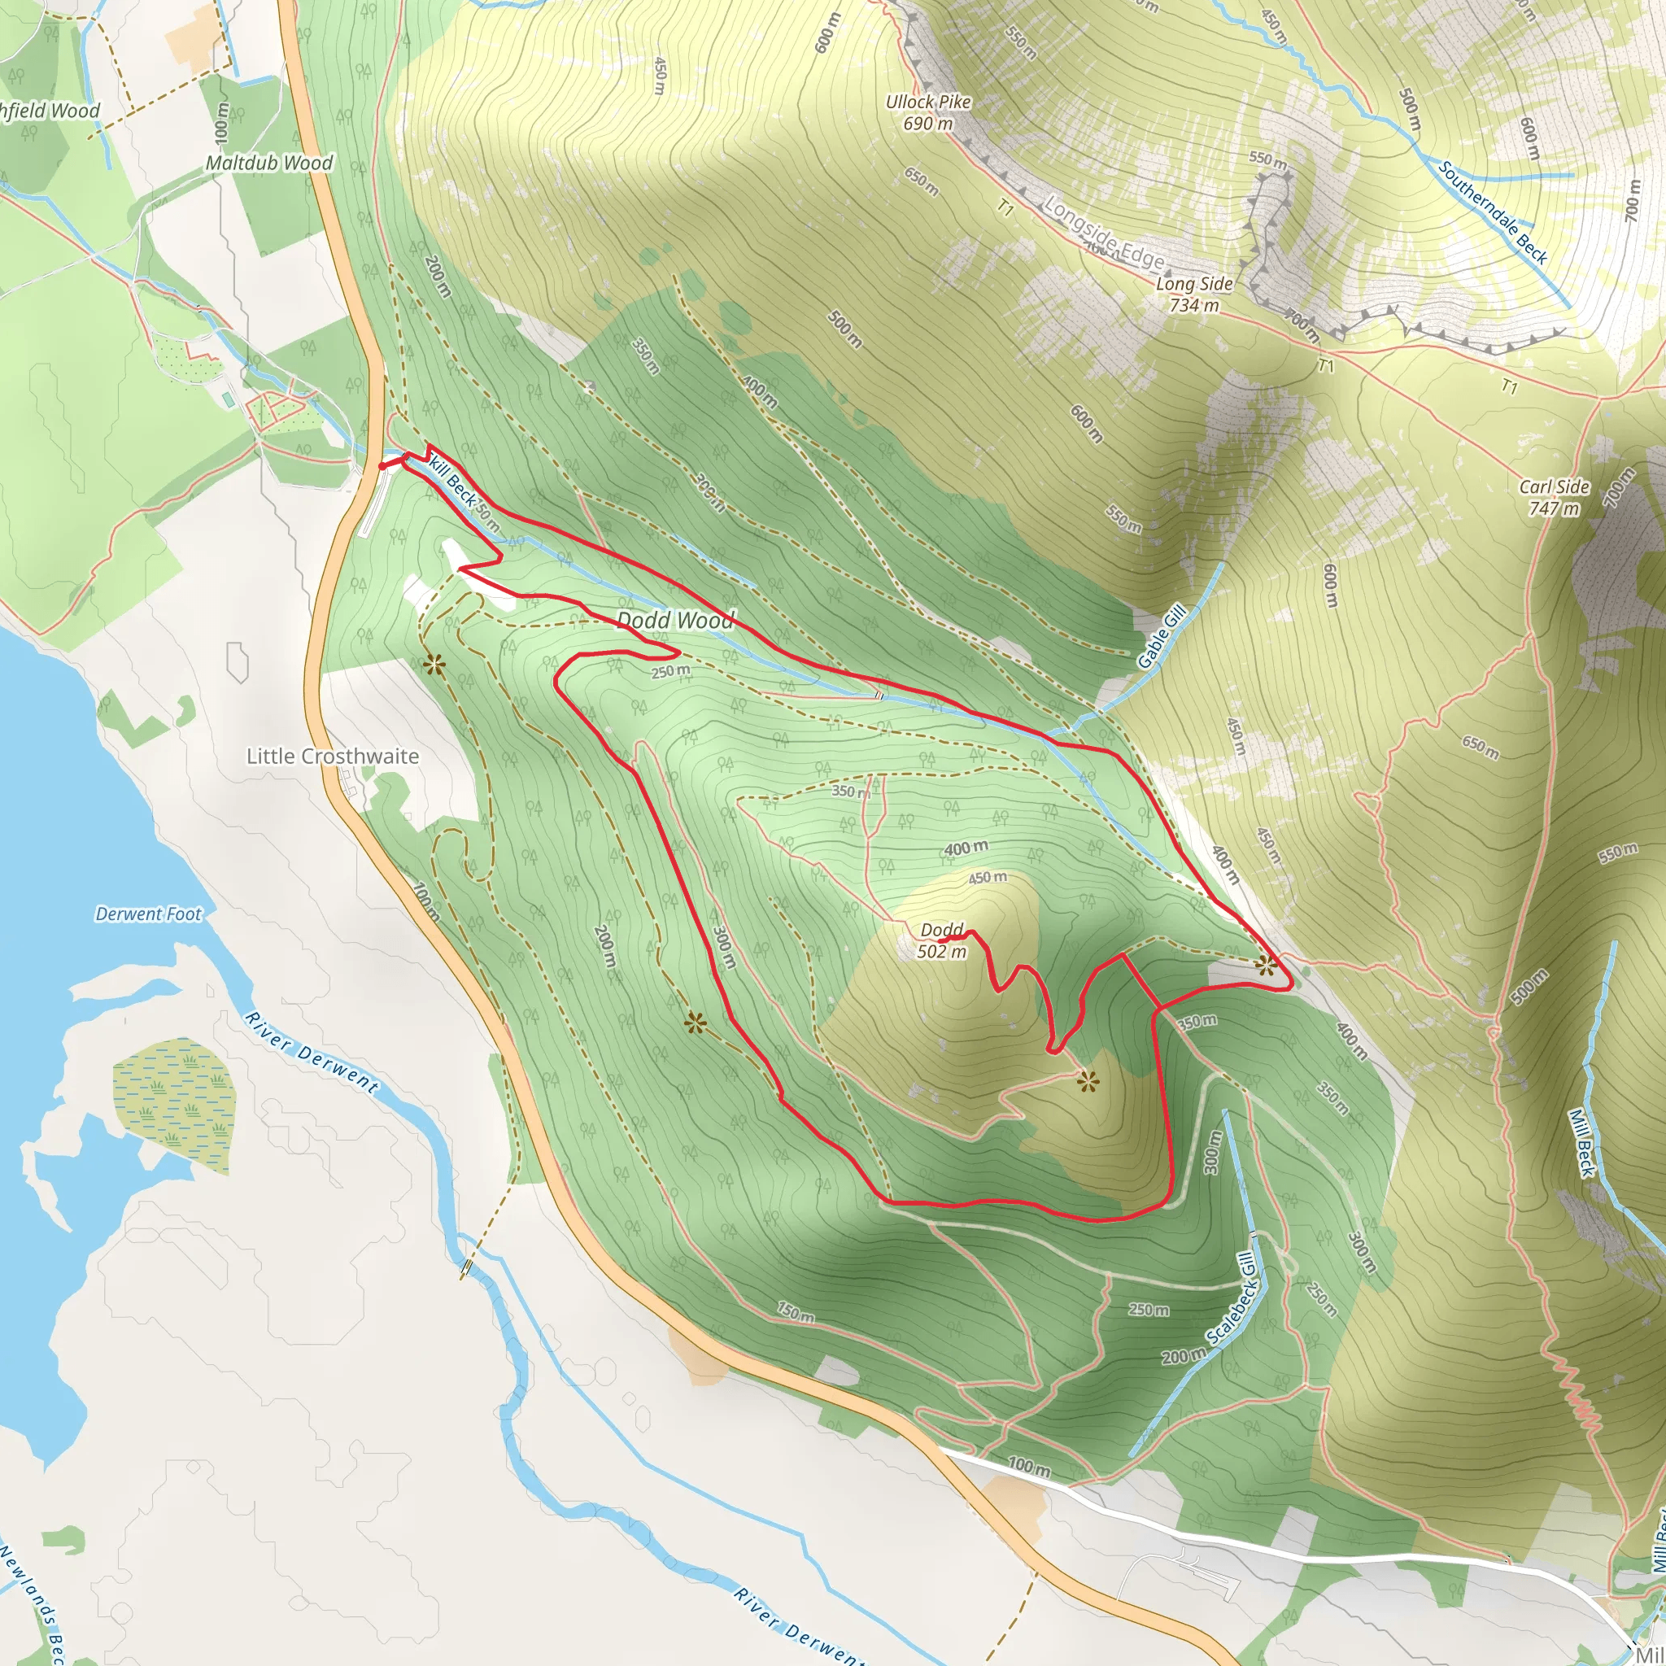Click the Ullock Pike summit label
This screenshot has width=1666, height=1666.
pyautogui.click(x=928, y=112)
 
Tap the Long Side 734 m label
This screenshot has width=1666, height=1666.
pyautogui.click(x=1194, y=294)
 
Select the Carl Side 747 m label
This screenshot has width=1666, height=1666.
pyautogui.click(x=1554, y=498)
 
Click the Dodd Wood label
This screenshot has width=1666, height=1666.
pyautogui.click(x=675, y=620)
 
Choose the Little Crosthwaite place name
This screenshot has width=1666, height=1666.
pyautogui.click(x=333, y=757)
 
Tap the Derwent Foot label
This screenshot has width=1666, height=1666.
pyautogui.click(x=148, y=914)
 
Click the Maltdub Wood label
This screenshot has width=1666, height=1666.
pyautogui.click(x=269, y=163)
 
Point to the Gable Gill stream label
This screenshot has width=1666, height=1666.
pyautogui.click(x=1162, y=637)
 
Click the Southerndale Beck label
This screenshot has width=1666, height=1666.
pyautogui.click(x=1493, y=212)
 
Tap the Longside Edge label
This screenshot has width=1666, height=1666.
pyautogui.click(x=1104, y=233)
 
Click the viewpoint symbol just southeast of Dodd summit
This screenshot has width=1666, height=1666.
pyautogui.click(x=1088, y=1080)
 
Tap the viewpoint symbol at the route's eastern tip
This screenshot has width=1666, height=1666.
pyautogui.click(x=1266, y=965)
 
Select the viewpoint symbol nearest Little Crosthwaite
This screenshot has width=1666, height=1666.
pyautogui.click(x=434, y=663)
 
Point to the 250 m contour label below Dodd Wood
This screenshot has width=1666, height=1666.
pyautogui.click(x=670, y=671)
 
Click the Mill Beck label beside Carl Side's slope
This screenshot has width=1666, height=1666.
pyautogui.click(x=1580, y=1143)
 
